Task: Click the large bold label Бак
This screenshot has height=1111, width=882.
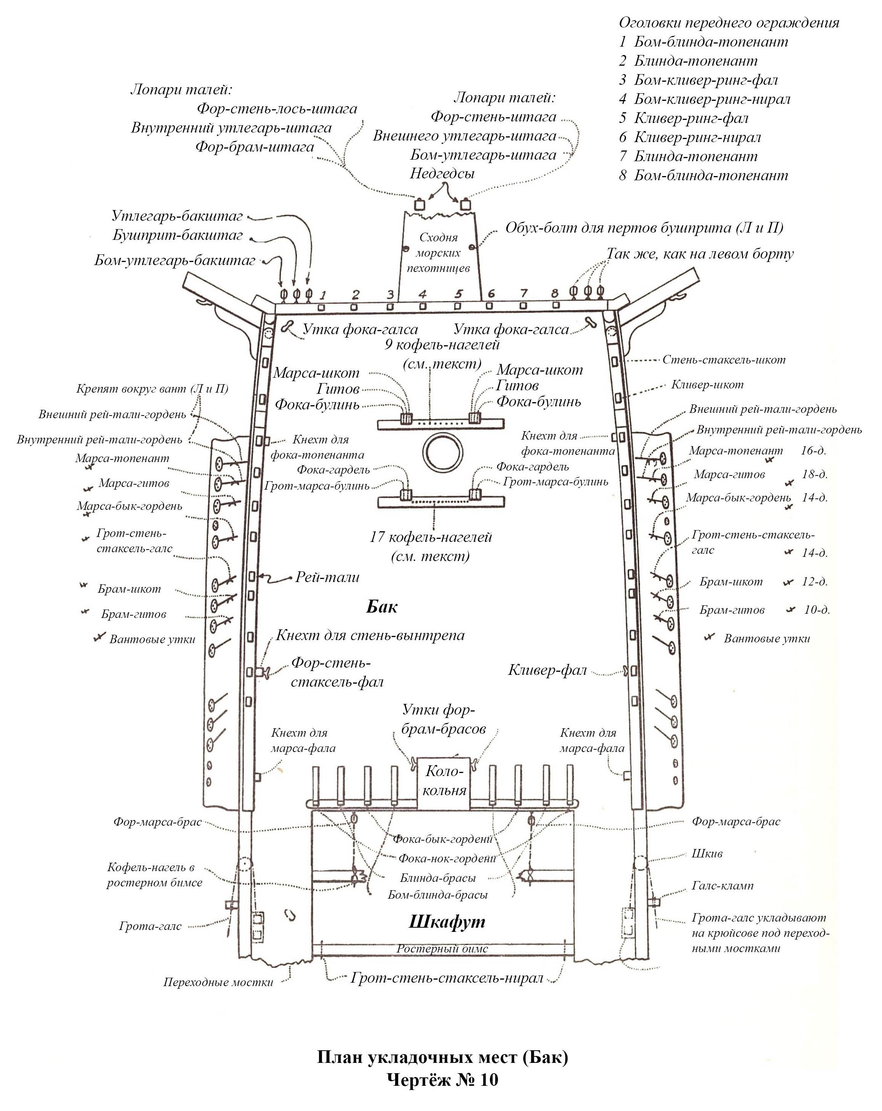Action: click(381, 606)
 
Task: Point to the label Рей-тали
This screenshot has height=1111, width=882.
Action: click(327, 577)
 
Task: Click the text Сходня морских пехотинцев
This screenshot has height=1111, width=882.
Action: click(438, 252)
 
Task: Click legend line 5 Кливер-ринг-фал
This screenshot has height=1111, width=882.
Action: click(684, 118)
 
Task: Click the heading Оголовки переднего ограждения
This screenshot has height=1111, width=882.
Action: click(728, 23)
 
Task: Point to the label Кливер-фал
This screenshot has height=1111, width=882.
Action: click(548, 670)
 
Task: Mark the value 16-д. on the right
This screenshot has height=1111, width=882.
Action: click(813, 450)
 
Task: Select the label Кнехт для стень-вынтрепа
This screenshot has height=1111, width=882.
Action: click(370, 636)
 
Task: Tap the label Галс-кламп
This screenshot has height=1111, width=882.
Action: click(722, 886)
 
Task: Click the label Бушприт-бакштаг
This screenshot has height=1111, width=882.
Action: click(177, 236)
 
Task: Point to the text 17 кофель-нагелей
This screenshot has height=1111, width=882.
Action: click(430, 537)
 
